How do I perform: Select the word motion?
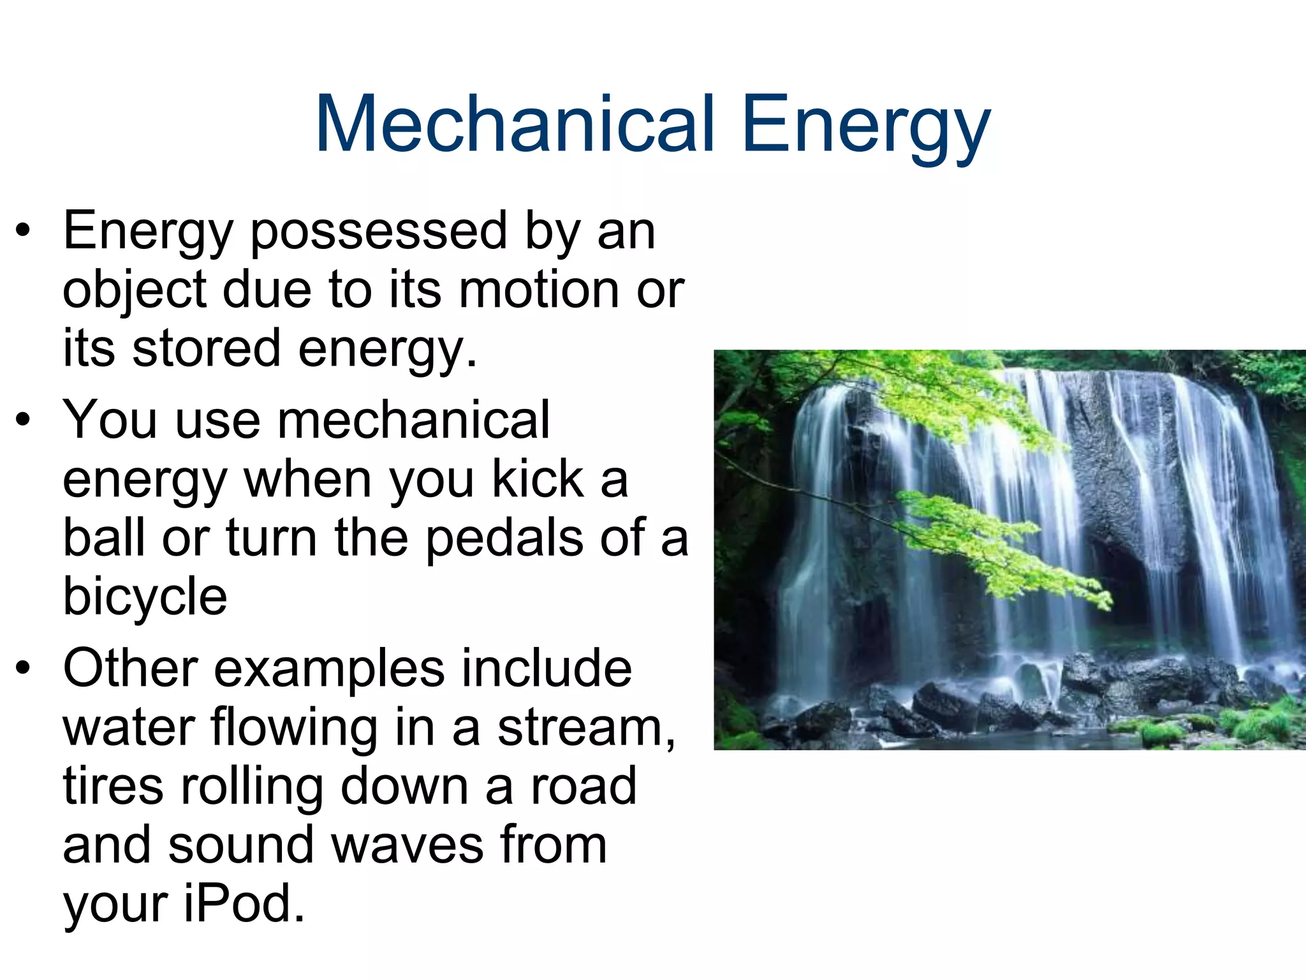tap(539, 290)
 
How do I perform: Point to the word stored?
tap(206, 348)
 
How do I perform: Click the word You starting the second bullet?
tap(110, 420)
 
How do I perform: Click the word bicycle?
tap(145, 597)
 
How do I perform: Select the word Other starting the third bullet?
tap(130, 668)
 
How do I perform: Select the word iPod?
tap(244, 903)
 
